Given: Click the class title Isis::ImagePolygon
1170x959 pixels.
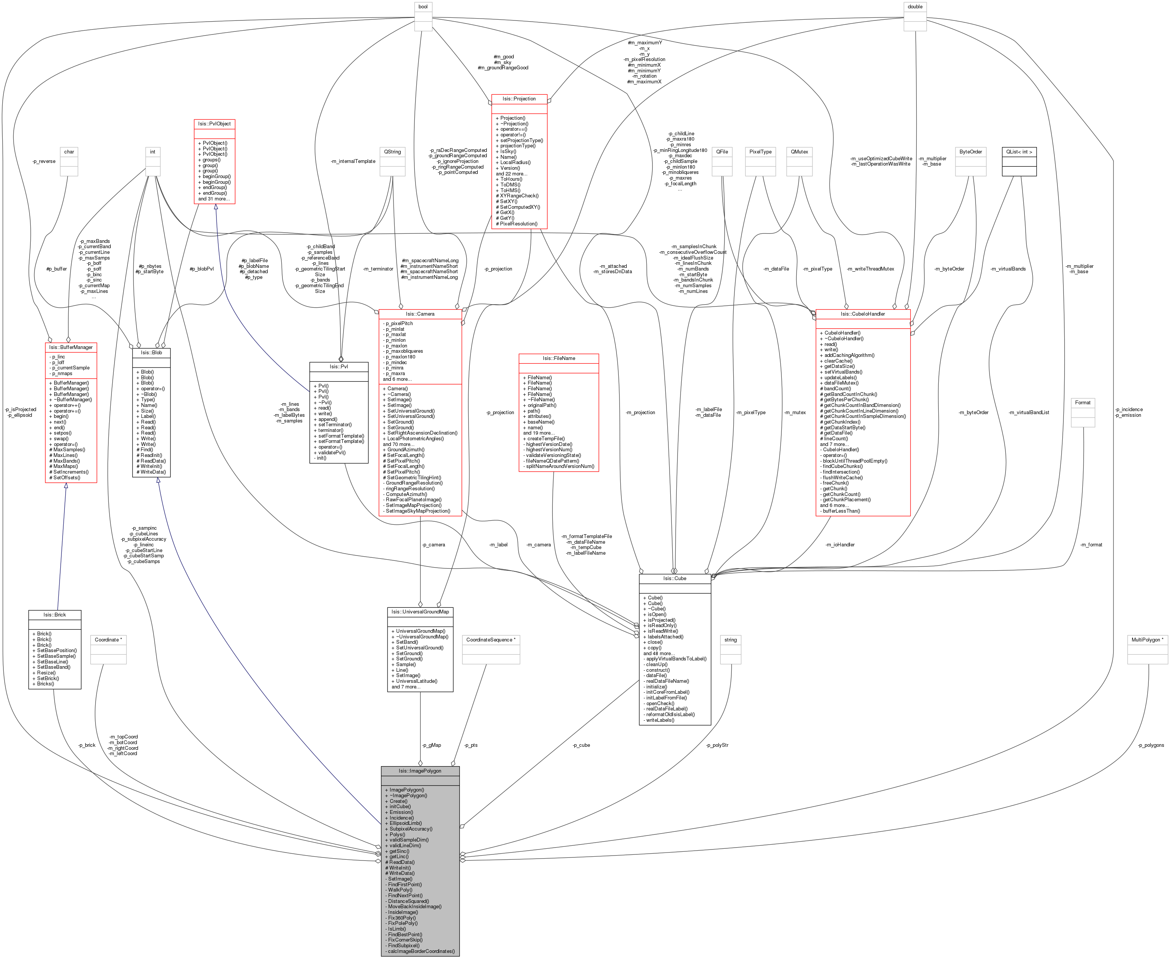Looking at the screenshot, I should (x=420, y=771).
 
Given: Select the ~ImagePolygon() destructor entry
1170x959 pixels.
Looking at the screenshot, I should (x=408, y=795).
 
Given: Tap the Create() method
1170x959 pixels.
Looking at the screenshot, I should (x=398, y=801).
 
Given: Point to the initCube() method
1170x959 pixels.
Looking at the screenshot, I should (x=400, y=807).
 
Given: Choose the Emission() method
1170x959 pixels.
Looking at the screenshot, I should (x=401, y=812).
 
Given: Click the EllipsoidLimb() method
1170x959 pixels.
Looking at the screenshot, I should (x=405, y=823).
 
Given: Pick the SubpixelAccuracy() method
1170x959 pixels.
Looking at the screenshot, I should (x=411, y=829).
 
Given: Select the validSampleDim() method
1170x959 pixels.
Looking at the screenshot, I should (x=408, y=840).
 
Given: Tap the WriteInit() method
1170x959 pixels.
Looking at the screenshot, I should (x=400, y=868).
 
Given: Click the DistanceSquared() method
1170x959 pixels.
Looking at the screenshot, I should (x=408, y=901).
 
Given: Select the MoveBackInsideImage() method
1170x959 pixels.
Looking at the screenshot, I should (x=414, y=906).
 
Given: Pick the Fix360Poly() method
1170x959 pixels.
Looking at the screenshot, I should (x=402, y=918).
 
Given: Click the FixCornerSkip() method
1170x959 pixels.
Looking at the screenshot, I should (x=405, y=940).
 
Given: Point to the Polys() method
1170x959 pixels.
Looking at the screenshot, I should (x=397, y=834).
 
